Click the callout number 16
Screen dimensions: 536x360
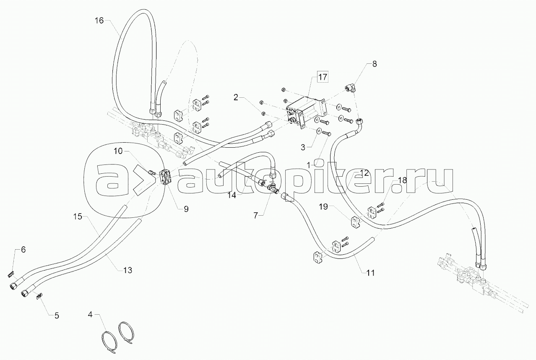[x=99, y=21]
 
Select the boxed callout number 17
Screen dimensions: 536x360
[x=323, y=77]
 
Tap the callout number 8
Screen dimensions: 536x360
[x=375, y=64]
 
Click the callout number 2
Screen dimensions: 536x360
[x=236, y=97]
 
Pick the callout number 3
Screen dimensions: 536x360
[x=303, y=147]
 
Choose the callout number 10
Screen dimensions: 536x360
[x=118, y=151]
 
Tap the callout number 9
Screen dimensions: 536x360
[x=186, y=209]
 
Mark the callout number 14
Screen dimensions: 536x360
[x=232, y=196]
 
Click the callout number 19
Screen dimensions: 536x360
[x=323, y=206]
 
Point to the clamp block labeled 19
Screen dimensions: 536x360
[x=356, y=222]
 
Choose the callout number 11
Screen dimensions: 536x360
[x=370, y=273]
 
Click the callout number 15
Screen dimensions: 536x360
[x=78, y=217]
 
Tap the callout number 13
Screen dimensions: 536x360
[x=128, y=270]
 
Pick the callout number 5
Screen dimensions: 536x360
[x=57, y=316]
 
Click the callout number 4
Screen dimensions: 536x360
[x=90, y=314]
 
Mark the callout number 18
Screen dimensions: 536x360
[x=403, y=180]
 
